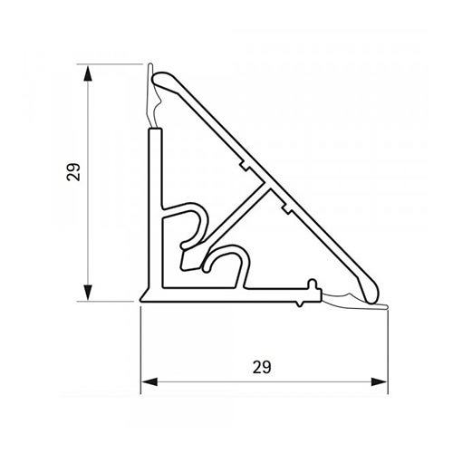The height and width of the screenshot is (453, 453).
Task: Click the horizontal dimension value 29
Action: (x=262, y=367)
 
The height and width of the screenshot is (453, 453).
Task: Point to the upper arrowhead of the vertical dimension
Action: (x=89, y=72)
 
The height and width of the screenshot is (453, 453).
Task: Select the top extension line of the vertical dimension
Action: (x=113, y=64)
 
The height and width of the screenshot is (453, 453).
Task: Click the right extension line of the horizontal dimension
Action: (x=387, y=349)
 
